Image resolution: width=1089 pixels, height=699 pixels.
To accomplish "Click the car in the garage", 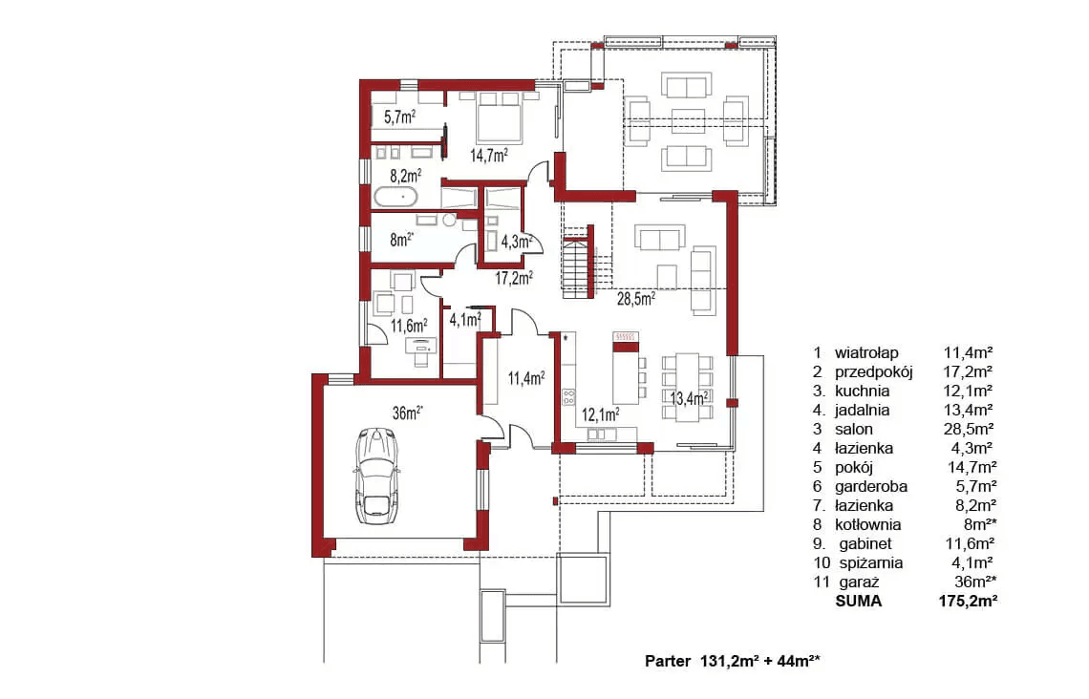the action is point(376,476).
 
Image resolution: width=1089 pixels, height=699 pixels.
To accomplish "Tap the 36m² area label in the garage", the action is point(408,413).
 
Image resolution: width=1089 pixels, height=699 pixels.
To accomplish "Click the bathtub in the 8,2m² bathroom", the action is point(395,197).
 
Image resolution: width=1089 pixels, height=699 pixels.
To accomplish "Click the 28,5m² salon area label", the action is point(636,299).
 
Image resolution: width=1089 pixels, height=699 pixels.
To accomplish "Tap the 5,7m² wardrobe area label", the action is point(399,117).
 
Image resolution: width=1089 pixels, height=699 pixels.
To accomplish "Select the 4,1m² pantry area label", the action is point(464,320).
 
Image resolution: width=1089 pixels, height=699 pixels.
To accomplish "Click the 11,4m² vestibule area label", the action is point(525,378).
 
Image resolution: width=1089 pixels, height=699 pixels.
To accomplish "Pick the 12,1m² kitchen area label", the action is point(600,415).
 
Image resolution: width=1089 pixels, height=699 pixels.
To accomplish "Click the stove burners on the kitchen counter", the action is point(568,397).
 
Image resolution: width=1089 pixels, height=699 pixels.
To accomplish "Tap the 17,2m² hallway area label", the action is point(514,279).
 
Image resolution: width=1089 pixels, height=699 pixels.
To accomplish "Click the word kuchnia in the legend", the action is point(862,391).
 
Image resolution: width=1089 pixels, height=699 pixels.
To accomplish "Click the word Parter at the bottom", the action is point(668,661).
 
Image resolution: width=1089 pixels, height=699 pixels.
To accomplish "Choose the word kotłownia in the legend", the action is point(868,525).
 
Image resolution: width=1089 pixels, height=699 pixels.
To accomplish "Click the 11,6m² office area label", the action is point(409,326).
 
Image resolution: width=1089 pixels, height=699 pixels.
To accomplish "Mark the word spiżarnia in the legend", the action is point(871,563).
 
